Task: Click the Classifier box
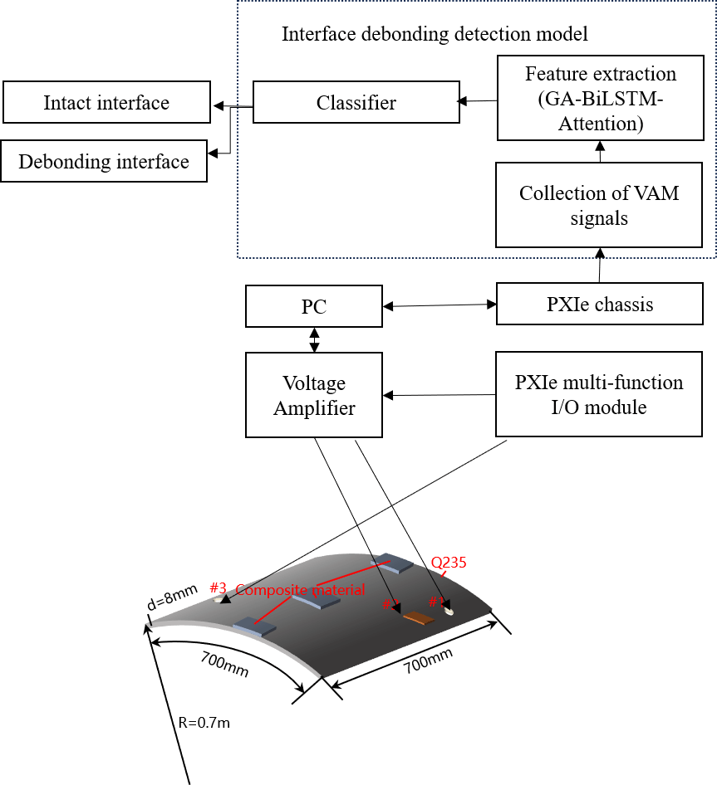click(356, 102)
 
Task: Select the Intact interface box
click(106, 102)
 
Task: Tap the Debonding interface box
click(104, 161)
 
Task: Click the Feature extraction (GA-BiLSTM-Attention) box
click(600, 97)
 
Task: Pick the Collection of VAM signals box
click(599, 205)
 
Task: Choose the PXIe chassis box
click(599, 304)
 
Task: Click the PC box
click(313, 306)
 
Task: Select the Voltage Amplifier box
click(314, 395)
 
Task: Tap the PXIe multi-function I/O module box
click(599, 394)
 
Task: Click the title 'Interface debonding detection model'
click(435, 34)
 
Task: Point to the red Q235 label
click(449, 562)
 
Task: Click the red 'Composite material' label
click(300, 590)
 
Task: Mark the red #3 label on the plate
click(218, 588)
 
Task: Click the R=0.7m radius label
click(204, 722)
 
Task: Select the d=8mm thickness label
click(172, 597)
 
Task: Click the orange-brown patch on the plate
click(418, 617)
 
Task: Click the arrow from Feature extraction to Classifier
click(478, 101)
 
